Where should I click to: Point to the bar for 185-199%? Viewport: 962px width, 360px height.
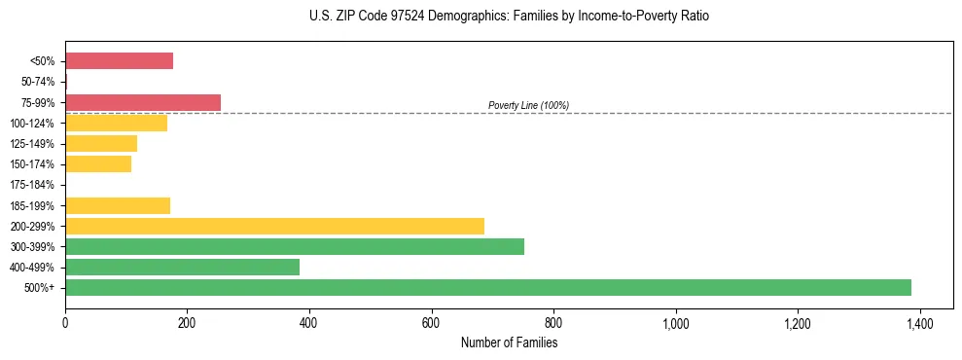click(118, 206)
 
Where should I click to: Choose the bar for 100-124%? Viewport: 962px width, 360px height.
click(116, 124)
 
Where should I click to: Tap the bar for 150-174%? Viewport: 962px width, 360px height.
click(98, 164)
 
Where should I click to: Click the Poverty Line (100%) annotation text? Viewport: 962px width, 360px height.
click(528, 105)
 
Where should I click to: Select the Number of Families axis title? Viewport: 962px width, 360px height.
click(509, 342)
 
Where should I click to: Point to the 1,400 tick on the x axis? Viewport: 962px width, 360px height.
click(920, 322)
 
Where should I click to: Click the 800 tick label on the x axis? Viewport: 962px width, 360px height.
click(553, 322)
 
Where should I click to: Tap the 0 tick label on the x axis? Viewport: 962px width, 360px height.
click(65, 322)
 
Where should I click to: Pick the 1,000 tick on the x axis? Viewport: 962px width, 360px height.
click(675, 322)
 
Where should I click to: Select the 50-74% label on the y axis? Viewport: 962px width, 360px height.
click(37, 83)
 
